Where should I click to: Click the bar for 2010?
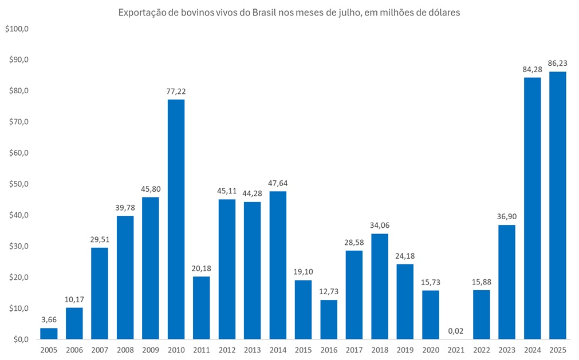[x=176, y=219]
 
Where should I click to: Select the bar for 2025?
[x=557, y=205]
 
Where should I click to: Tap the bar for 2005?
[x=49, y=333]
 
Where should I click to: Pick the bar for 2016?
[x=329, y=319]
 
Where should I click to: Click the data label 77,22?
[x=176, y=90]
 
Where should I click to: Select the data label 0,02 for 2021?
[x=456, y=330]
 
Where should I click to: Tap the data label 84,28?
[x=532, y=69]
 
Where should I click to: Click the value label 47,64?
[x=278, y=183]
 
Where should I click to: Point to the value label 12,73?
[x=329, y=291]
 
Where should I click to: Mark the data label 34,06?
[x=380, y=225]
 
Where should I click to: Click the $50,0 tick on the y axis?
[x=19, y=184]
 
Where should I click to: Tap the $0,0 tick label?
[x=21, y=339]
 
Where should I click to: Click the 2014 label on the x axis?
[x=278, y=349]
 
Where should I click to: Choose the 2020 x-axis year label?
[x=431, y=349]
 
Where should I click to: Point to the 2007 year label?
[x=100, y=349]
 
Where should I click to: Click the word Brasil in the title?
[x=266, y=12]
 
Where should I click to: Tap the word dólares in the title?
[x=444, y=12]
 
